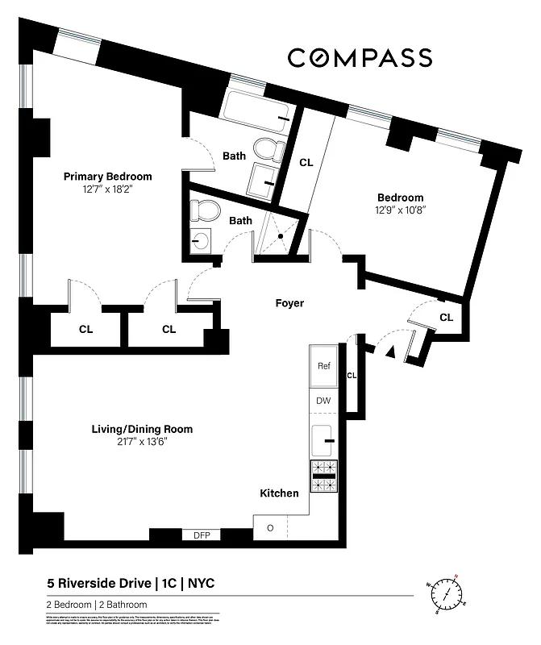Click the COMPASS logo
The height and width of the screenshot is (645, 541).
[360, 57]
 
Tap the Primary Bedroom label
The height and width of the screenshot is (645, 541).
[107, 177]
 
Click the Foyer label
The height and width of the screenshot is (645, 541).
[289, 303]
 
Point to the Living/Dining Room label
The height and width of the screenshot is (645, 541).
[142, 429]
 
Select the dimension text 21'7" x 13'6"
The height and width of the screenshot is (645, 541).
[142, 442]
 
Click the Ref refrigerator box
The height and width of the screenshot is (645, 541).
[324, 367]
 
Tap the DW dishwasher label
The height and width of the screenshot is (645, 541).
[324, 401]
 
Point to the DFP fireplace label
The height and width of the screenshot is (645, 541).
[202, 535]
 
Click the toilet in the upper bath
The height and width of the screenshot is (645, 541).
[267, 148]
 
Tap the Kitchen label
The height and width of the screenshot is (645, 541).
[279, 493]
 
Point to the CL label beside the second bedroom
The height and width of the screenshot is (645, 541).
[306, 162]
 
